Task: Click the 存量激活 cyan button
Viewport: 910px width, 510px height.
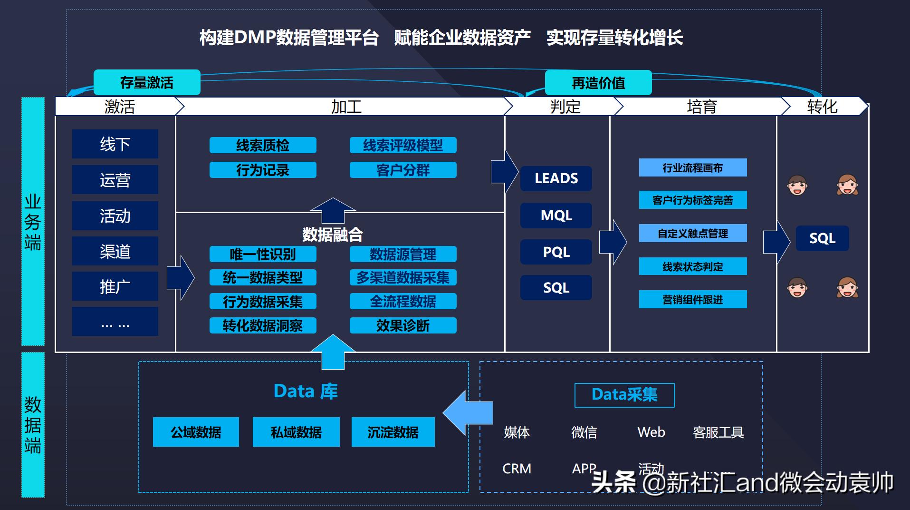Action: (147, 83)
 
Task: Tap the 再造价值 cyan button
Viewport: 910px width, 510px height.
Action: (598, 83)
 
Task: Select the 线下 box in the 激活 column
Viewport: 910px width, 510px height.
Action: (115, 144)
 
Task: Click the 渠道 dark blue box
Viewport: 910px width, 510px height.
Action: (115, 252)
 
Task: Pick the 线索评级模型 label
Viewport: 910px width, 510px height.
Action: (403, 146)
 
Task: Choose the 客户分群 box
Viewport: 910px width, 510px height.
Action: (403, 170)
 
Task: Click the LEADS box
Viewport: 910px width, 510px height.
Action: (556, 179)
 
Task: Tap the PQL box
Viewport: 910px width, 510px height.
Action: (556, 252)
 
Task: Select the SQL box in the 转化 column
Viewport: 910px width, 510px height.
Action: (822, 238)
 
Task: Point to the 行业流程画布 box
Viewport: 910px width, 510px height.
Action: (692, 168)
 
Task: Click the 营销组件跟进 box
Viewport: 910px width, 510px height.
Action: (692, 300)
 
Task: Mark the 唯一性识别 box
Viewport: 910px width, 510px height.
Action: (263, 255)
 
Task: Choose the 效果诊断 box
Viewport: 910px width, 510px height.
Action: (403, 326)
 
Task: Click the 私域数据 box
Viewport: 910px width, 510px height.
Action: (296, 432)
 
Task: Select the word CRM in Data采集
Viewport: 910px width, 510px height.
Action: (517, 469)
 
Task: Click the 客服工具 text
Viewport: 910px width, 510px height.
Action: (718, 433)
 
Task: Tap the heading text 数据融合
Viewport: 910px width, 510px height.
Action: (333, 235)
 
